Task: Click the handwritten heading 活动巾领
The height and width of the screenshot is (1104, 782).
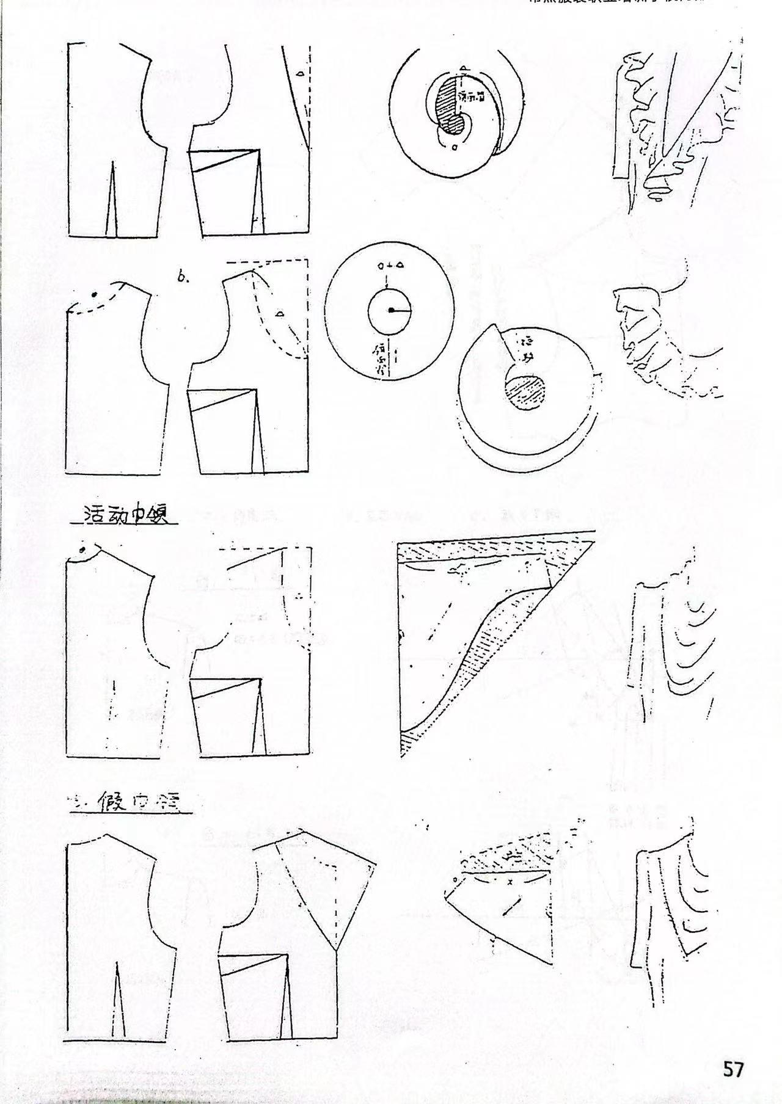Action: coord(125,514)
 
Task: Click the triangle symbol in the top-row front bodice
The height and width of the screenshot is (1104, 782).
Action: coord(299,74)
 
